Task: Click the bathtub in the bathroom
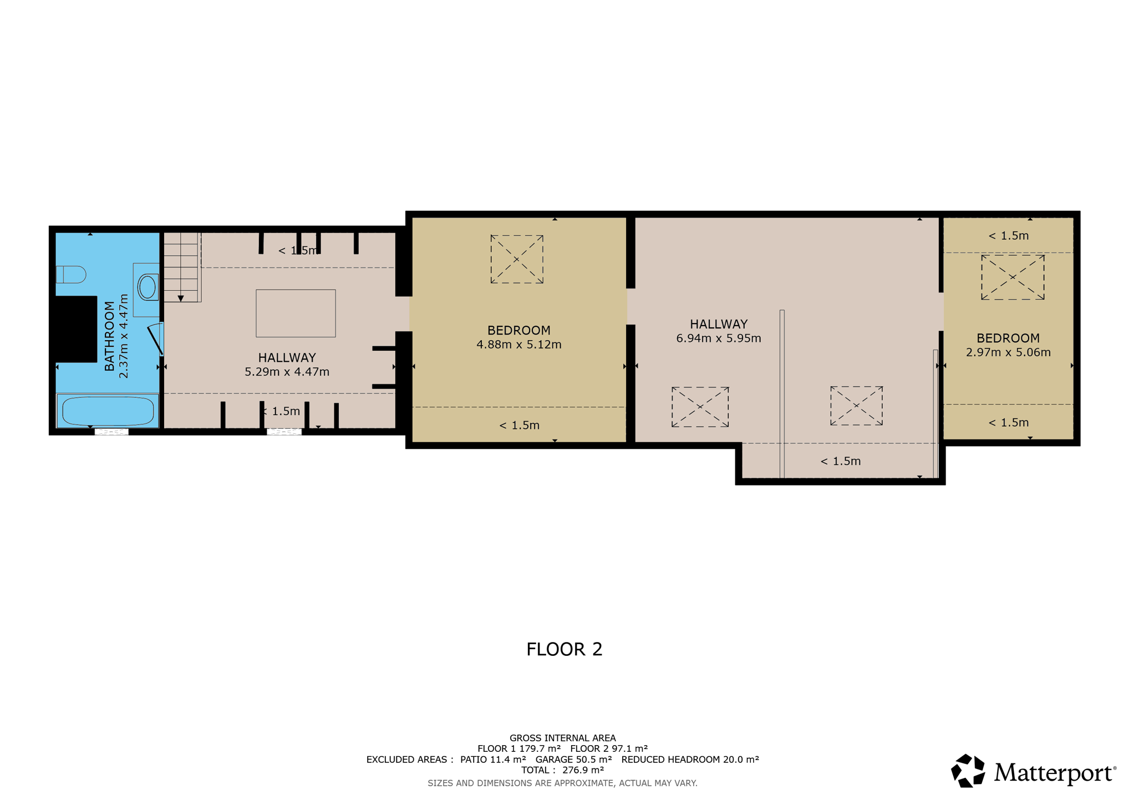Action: tap(108, 411)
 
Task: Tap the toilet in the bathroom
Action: tap(71, 275)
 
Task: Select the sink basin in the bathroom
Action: tap(148, 287)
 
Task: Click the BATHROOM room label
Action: tap(109, 336)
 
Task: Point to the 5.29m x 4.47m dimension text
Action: tap(287, 372)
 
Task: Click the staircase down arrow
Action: tap(181, 299)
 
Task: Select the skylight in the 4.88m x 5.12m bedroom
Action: tap(517, 259)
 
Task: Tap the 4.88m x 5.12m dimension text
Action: tap(519, 345)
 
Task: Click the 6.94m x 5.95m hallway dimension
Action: tap(719, 338)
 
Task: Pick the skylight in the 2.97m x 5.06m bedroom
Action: tap(1013, 277)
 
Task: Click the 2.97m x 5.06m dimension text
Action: tap(1008, 352)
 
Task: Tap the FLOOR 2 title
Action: tap(564, 649)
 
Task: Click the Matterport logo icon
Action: tap(968, 771)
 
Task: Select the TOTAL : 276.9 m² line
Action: tap(562, 770)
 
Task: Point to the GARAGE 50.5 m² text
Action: tap(573, 760)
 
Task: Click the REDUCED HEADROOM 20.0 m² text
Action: tap(690, 760)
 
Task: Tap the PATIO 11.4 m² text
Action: tap(493, 760)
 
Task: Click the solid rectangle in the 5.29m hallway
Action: tap(296, 313)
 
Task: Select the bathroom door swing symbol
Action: tap(156, 338)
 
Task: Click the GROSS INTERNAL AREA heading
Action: tap(562, 738)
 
